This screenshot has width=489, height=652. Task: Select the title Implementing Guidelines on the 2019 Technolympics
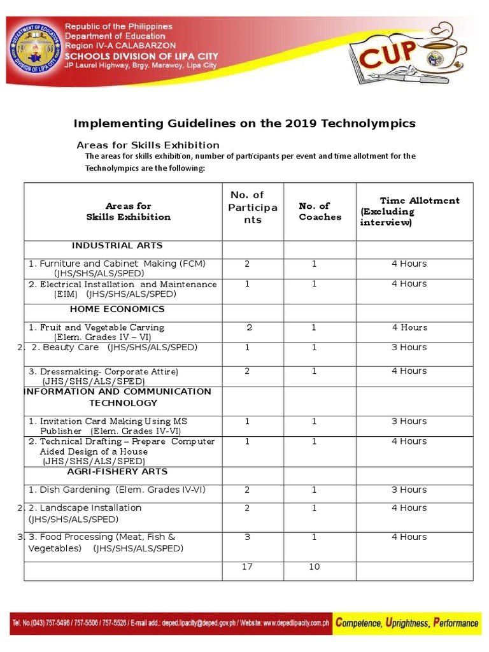point(244,124)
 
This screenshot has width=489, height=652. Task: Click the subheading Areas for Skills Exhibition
point(148,145)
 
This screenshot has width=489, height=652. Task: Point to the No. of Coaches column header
point(320,211)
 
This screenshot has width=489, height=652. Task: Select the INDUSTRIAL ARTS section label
point(117,246)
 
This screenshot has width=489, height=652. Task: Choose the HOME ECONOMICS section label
point(117,309)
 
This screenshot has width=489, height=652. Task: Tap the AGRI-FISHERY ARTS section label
point(117,472)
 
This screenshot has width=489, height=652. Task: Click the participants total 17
point(248,567)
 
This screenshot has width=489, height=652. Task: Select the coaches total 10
point(314,567)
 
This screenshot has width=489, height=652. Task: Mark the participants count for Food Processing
point(247,537)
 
